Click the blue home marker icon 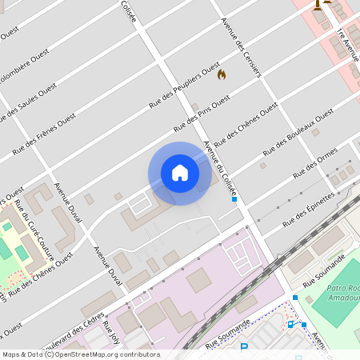click(180, 173)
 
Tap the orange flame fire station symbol click(222, 74)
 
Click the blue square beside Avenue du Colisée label click(234, 200)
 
